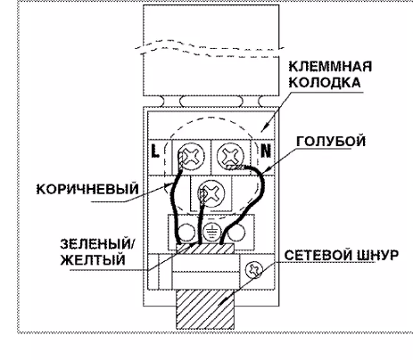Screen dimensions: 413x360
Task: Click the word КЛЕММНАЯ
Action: [x=330, y=66]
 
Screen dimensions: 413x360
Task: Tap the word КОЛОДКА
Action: [x=325, y=82]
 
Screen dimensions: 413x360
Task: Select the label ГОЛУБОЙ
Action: [x=331, y=142]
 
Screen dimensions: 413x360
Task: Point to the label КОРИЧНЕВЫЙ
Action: [x=87, y=189]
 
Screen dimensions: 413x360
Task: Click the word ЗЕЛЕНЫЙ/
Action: [x=97, y=244]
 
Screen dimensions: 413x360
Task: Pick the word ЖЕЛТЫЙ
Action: [x=93, y=260]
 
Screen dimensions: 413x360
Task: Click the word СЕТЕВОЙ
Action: [x=318, y=256]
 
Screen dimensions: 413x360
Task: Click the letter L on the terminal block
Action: [x=155, y=151]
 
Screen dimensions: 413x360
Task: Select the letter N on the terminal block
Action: [x=266, y=151]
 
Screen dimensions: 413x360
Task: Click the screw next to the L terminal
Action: [x=192, y=156]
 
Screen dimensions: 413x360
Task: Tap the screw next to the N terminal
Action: [x=230, y=155]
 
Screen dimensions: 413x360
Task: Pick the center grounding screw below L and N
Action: [x=211, y=193]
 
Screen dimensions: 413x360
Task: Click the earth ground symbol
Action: [x=211, y=232]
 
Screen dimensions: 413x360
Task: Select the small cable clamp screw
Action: [x=254, y=270]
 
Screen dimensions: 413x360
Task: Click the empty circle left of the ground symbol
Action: [x=186, y=232]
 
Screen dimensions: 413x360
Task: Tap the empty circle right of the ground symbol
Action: [x=236, y=232]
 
